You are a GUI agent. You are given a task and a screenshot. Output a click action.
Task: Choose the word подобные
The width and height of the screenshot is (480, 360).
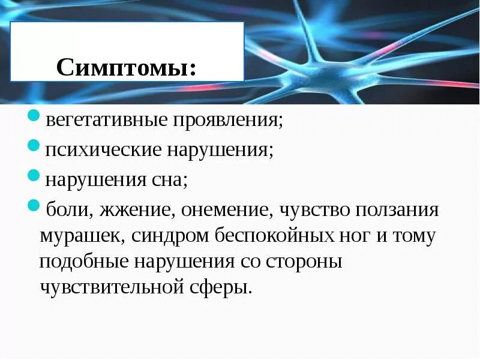[x=83, y=262]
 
